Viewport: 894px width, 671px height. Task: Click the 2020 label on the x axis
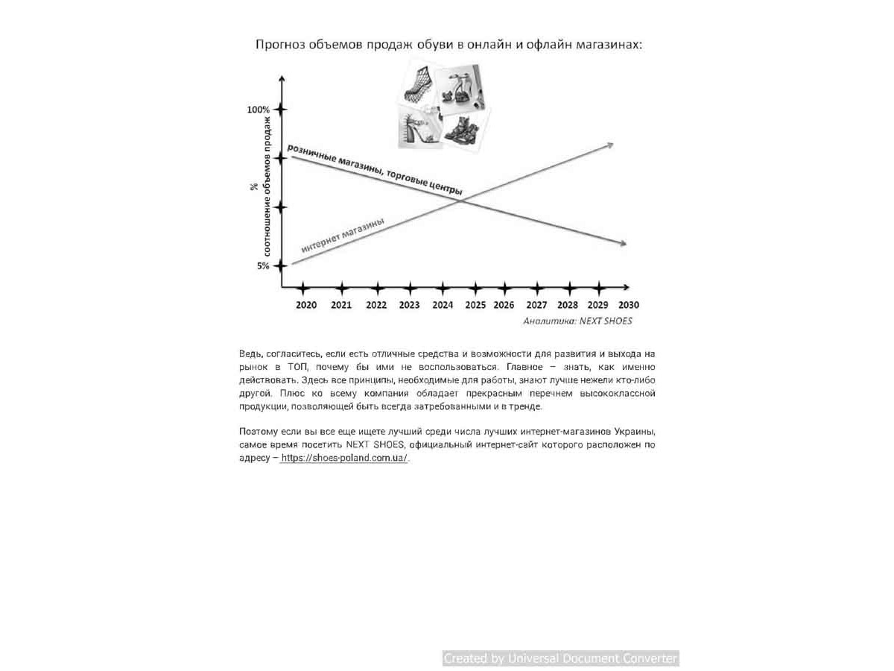click(306, 305)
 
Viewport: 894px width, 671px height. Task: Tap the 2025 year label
click(475, 305)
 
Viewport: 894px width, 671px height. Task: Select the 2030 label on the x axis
click(628, 305)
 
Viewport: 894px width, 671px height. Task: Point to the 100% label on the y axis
click(259, 110)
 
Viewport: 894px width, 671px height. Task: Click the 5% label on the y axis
click(263, 266)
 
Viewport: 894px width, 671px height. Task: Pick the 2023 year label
click(409, 305)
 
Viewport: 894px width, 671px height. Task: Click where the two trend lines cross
click(460, 200)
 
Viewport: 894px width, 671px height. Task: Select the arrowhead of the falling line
click(621, 244)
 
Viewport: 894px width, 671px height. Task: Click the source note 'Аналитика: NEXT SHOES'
click(577, 321)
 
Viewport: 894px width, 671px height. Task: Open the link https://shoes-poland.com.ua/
click(344, 459)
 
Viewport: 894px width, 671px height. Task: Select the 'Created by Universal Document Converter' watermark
click(560, 658)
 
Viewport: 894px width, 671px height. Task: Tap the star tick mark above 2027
click(537, 287)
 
